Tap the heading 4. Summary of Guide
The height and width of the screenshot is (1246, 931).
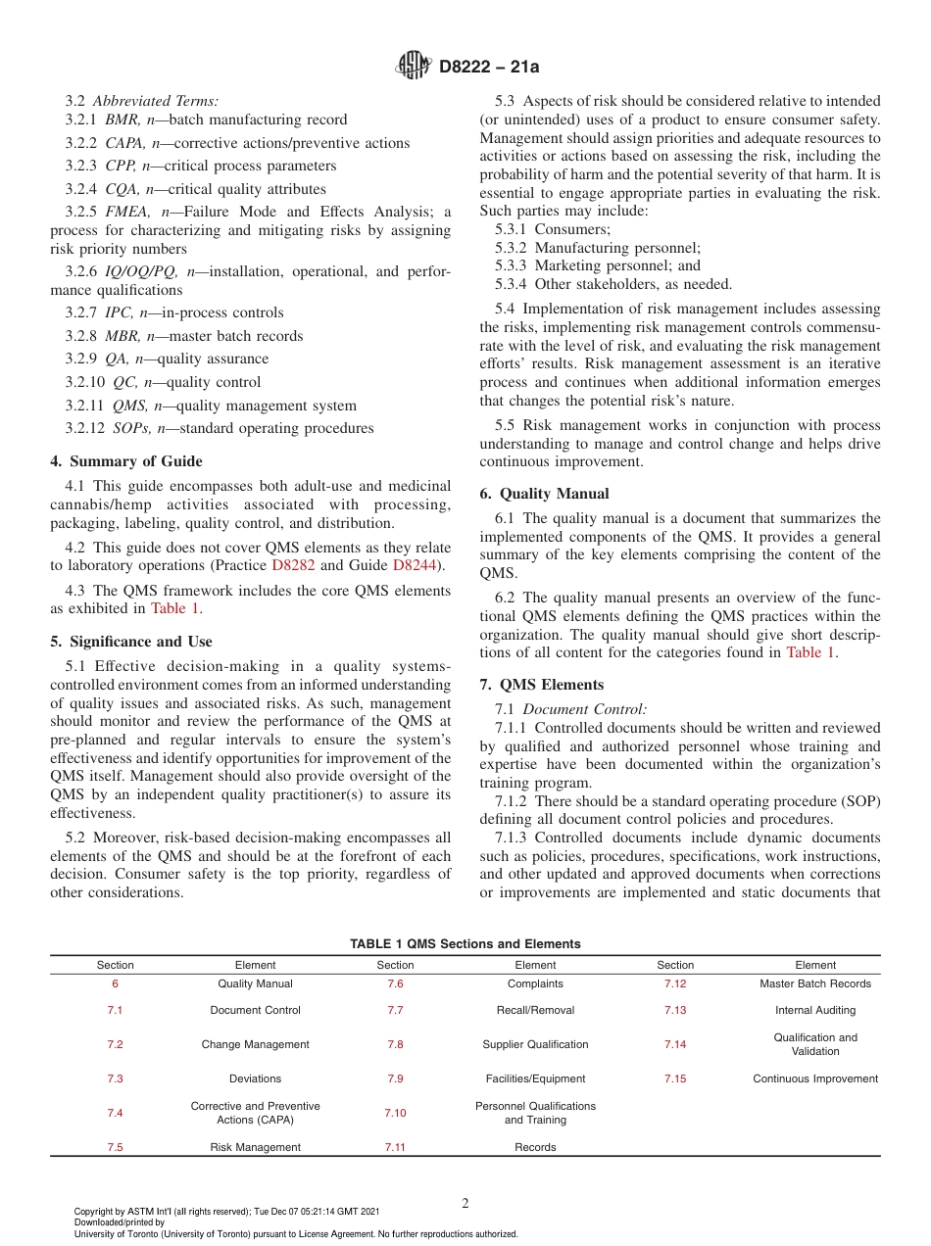[x=126, y=461]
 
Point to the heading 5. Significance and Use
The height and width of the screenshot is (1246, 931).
[x=130, y=642]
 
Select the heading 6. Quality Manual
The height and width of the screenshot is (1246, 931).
[x=544, y=494]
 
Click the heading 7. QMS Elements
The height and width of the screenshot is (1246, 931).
[x=541, y=685]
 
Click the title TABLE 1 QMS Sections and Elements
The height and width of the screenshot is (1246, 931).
[x=465, y=944]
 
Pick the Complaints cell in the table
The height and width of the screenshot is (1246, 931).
[x=535, y=983]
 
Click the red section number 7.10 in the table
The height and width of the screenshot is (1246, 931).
[x=395, y=1113]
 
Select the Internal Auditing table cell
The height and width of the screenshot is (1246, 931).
[x=815, y=1010]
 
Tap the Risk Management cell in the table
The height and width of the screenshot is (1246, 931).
[x=255, y=1147]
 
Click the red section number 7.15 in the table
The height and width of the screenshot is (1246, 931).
[x=675, y=1078]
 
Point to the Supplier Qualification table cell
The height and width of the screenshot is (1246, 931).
[x=535, y=1044]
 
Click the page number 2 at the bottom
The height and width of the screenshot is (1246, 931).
[x=465, y=1204]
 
